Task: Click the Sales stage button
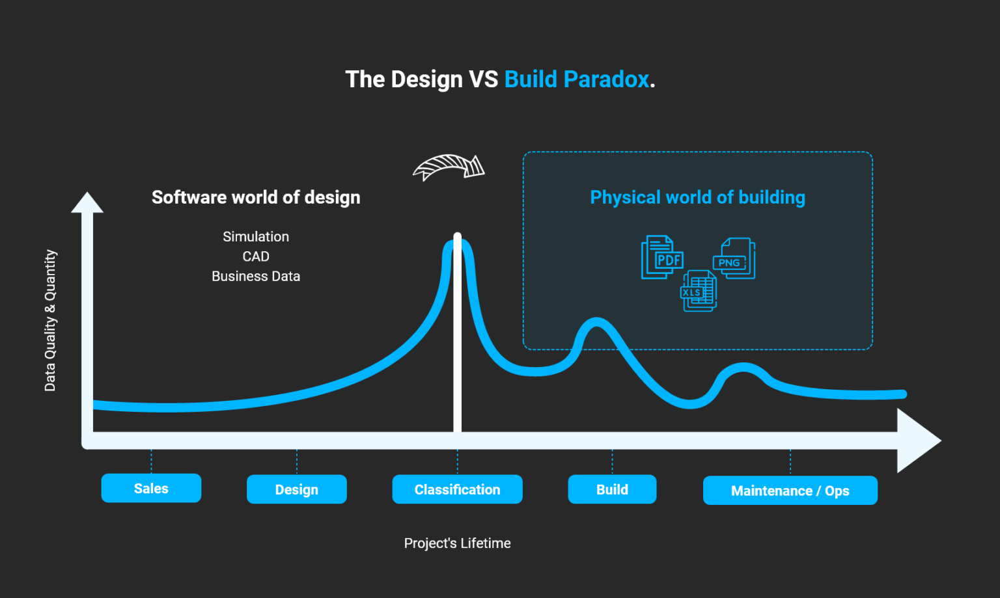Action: point(151,488)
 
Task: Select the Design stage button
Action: point(297,489)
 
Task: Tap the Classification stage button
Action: point(458,489)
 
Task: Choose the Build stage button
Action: point(612,489)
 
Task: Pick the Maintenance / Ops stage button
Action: point(790,491)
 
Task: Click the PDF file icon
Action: point(663,258)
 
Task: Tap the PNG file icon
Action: point(734,258)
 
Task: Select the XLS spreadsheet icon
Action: point(699,291)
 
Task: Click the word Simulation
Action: point(256,236)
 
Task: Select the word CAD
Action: point(256,256)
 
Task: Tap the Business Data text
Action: point(256,277)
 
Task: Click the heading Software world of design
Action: point(256,197)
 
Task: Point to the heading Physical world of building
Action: point(698,197)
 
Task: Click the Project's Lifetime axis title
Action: point(458,543)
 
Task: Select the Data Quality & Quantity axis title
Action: point(50,320)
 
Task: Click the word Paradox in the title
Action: point(606,79)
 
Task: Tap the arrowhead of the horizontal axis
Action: point(919,441)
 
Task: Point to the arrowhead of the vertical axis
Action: point(87,202)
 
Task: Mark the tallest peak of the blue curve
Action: point(458,243)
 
